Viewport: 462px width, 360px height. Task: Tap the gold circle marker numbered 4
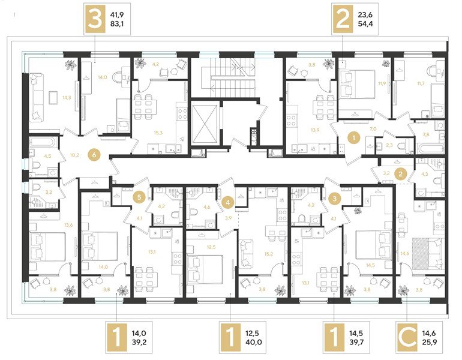pos(228,202)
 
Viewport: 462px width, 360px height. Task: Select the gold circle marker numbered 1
pos(354,138)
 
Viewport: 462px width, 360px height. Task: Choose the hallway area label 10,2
pos(75,155)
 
